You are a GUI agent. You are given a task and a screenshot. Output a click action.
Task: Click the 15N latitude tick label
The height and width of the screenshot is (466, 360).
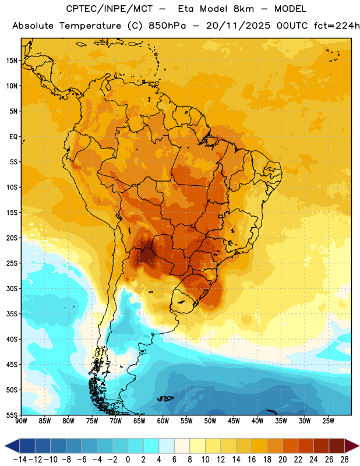click(12, 61)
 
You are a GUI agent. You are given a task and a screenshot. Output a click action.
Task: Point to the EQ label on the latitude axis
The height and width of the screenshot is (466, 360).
click(13, 137)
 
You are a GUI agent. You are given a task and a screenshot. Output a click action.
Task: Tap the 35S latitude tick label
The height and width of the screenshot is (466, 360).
click(12, 314)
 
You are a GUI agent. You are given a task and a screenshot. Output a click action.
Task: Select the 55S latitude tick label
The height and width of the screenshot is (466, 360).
click(12, 415)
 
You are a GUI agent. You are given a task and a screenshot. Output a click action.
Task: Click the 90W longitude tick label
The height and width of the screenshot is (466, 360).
click(22, 421)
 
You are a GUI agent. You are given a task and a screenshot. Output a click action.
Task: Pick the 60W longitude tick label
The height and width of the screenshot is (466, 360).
click(163, 421)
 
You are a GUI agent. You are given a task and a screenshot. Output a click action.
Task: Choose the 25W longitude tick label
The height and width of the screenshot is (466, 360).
click(328, 421)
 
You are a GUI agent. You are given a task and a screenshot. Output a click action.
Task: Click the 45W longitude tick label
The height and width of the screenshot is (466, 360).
click(234, 421)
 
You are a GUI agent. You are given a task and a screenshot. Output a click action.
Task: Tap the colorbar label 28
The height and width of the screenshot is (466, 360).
click(344, 460)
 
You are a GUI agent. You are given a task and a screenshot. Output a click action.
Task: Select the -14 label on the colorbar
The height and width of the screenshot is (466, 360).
click(20, 460)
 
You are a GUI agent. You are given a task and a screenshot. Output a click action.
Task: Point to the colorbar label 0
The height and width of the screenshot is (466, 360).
click(128, 460)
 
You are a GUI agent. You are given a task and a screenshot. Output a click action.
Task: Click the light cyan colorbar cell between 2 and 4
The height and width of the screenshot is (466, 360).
click(151, 446)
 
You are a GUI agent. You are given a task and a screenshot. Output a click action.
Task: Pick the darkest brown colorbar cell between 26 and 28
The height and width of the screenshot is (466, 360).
click(337, 446)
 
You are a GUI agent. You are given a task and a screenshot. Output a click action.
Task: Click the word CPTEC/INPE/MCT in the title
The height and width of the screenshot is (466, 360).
click(110, 9)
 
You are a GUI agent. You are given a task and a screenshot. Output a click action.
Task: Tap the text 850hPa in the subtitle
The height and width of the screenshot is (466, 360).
click(167, 26)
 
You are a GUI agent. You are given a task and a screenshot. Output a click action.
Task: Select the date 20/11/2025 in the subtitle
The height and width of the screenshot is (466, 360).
click(238, 26)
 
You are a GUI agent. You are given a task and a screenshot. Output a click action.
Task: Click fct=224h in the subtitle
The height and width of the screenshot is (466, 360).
click(337, 26)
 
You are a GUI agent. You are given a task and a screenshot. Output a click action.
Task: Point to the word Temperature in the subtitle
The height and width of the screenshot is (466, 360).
click(90, 26)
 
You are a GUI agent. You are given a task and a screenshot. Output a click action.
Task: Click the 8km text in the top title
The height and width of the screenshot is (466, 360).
click(243, 9)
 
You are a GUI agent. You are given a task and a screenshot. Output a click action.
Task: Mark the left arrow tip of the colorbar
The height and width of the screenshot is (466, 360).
click(5, 446)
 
